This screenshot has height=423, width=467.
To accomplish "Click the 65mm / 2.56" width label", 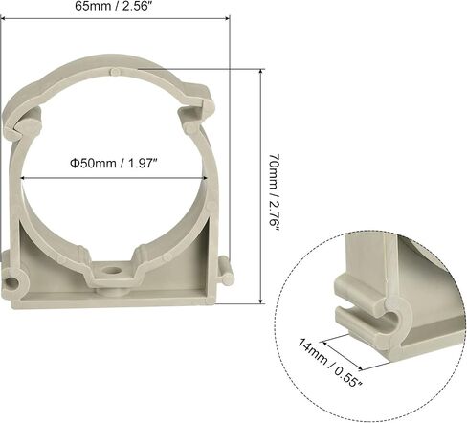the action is [x=112, y=6].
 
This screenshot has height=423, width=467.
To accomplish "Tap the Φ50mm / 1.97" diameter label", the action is [x=114, y=164].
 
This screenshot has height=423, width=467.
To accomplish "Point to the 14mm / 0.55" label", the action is [x=330, y=362].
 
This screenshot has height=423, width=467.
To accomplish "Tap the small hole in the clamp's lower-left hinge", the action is [x=11, y=282].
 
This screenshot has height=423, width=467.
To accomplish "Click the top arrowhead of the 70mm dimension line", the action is [x=261, y=72].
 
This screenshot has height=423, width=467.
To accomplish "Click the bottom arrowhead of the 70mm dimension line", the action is [x=261, y=301].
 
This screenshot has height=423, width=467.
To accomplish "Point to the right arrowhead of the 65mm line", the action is [x=227, y=18].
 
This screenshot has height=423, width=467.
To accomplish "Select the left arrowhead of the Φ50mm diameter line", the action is [x=23, y=178].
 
